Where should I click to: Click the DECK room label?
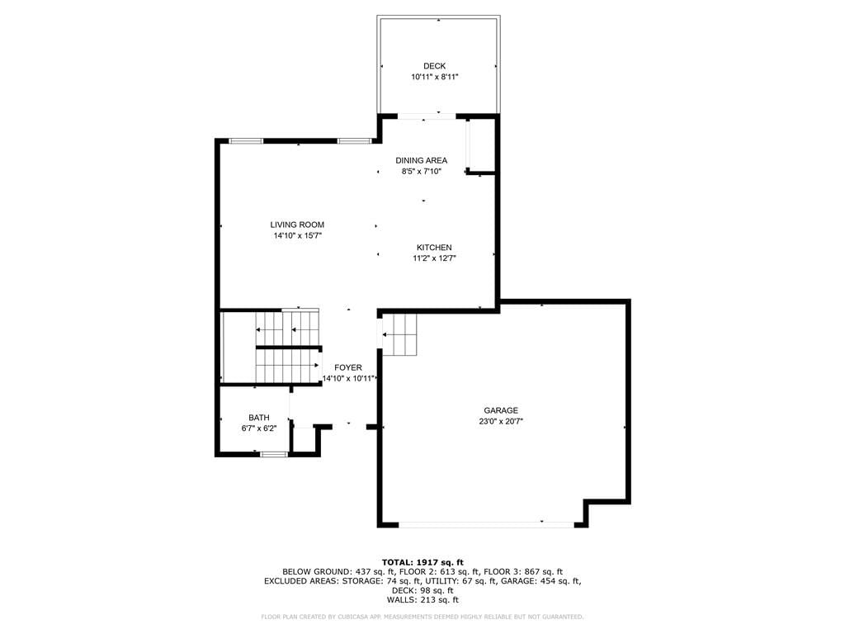coord(434,66)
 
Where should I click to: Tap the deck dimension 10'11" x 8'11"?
coord(434,77)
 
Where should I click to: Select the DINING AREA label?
coord(422,160)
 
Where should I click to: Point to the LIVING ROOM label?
coord(297,225)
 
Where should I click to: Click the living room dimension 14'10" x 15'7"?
coord(297,235)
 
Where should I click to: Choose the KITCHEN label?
coord(434,248)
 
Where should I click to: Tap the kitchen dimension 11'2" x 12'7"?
coord(434,258)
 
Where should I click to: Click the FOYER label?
coord(348,367)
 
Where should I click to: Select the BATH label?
coord(259,417)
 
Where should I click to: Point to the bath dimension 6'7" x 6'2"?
coord(259,428)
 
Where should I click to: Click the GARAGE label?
coord(501,410)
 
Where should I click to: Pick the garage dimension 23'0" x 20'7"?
coord(501,422)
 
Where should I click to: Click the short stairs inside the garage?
coord(399,335)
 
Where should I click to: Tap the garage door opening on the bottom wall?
coord(486,523)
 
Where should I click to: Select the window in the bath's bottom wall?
coord(273,455)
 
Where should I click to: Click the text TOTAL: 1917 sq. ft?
coord(422,562)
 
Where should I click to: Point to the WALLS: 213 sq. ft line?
coord(422,599)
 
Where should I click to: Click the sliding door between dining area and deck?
coord(427,116)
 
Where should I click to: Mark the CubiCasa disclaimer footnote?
coord(422,617)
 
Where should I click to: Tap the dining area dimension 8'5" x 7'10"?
coord(422,172)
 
